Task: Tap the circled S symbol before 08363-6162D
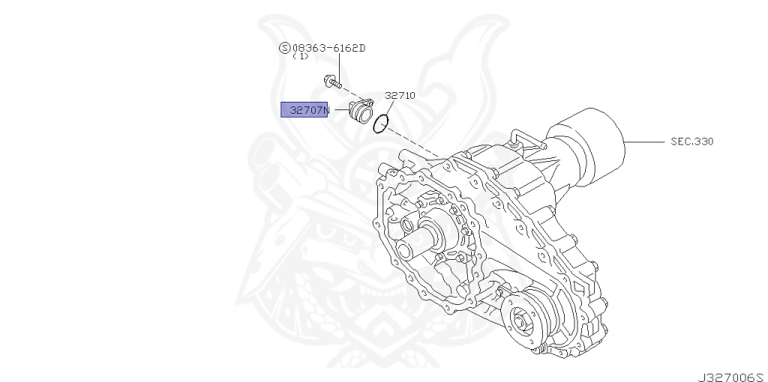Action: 284,48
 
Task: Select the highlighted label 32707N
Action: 304,110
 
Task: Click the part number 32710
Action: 400,96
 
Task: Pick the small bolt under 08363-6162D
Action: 330,80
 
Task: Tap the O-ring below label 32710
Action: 382,123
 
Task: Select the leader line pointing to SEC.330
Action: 641,141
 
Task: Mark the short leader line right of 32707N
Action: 337,110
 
